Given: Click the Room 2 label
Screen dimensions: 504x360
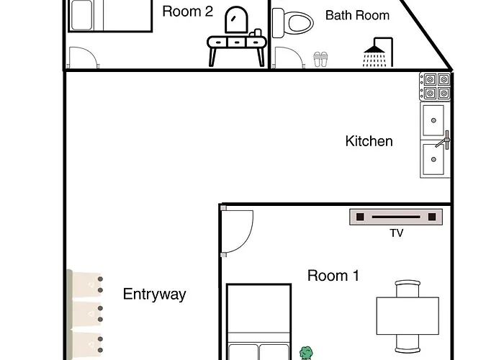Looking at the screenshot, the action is (187, 12).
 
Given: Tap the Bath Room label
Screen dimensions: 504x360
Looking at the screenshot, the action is (357, 15).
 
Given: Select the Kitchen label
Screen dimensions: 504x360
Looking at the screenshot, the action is (369, 141).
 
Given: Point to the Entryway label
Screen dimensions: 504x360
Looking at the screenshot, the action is (154, 294).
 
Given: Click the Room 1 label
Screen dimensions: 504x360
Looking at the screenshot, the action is (333, 276).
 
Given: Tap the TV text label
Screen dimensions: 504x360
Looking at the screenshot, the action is (396, 233).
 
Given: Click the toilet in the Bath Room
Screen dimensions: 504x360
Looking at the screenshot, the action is (292, 23).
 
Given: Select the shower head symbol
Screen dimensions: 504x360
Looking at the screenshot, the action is (378, 53).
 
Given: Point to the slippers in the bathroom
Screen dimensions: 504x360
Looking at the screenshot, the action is (320, 60).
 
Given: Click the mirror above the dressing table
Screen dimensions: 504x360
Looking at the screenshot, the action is (237, 19).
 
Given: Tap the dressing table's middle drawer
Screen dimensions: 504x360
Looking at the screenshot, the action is (237, 42).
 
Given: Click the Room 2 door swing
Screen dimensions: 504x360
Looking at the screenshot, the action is (84, 57).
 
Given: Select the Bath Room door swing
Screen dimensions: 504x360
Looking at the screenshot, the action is (289, 57).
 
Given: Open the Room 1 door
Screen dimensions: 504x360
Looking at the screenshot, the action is (237, 232).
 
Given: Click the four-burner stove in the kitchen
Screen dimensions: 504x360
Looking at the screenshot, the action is (435, 86).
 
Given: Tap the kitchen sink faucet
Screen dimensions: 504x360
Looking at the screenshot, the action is (444, 140).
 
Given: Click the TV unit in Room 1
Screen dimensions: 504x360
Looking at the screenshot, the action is (396, 217).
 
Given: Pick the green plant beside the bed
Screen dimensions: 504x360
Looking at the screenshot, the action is (306, 353).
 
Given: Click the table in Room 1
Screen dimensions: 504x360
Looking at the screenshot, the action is (408, 315).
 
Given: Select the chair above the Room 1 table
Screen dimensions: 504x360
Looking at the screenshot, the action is (408, 289).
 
